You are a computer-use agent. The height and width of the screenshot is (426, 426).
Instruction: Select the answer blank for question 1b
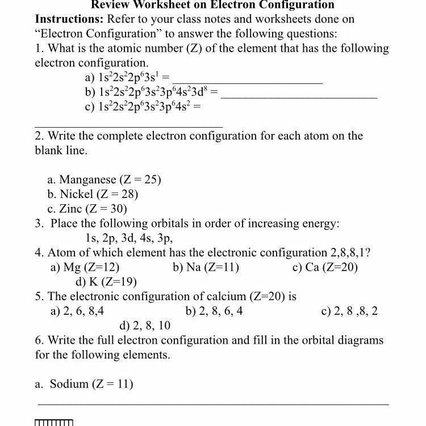click(299, 98)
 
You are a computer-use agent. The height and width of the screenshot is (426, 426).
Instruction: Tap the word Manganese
click(87, 180)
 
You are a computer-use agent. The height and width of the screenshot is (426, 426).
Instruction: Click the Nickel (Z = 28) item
click(93, 195)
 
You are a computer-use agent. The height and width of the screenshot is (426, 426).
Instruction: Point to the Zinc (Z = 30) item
click(87, 209)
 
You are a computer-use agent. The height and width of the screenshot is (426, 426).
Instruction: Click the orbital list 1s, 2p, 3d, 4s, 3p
click(129, 238)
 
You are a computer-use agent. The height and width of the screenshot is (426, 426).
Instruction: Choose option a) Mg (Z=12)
click(85, 267)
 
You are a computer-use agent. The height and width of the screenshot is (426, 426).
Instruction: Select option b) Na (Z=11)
click(206, 267)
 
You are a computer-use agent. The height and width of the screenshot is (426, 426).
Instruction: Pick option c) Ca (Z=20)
click(325, 267)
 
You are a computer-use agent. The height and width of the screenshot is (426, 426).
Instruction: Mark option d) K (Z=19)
click(106, 281)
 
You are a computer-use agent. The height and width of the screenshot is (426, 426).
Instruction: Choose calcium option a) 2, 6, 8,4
click(77, 311)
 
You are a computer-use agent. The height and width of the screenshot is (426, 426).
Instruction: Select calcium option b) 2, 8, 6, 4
click(214, 311)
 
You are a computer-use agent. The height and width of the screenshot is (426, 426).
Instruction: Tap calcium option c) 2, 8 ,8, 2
click(349, 311)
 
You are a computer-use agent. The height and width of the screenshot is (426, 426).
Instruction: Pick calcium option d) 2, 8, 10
click(145, 326)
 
